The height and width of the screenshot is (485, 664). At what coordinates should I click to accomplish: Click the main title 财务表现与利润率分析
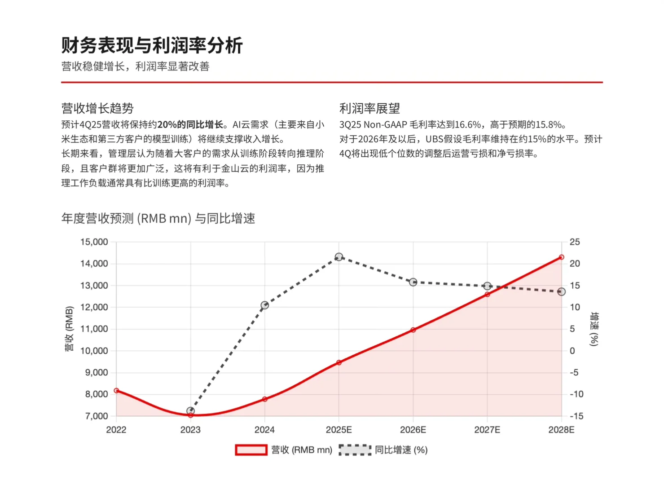click(152, 45)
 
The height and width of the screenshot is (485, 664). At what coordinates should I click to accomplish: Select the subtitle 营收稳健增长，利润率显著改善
click(135, 66)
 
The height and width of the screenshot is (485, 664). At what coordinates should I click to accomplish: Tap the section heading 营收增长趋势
click(97, 108)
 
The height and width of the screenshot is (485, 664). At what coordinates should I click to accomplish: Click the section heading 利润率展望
click(369, 108)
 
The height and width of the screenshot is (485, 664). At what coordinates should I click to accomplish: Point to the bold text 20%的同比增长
click(190, 125)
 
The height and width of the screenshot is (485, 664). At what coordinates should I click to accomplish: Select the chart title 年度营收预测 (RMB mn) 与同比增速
click(158, 219)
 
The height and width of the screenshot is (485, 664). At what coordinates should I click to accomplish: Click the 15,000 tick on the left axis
click(94, 242)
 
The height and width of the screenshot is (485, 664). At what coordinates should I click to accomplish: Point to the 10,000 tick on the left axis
click(94, 351)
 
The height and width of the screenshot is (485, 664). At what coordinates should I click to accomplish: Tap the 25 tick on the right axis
click(575, 242)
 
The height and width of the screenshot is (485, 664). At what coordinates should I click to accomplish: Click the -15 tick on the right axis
click(576, 416)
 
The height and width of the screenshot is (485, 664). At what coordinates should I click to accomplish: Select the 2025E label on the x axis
click(339, 430)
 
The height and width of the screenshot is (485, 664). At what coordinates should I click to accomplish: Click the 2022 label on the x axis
click(116, 430)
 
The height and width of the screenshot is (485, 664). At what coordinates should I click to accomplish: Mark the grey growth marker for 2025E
click(339, 257)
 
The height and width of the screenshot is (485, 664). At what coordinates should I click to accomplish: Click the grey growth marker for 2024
click(265, 305)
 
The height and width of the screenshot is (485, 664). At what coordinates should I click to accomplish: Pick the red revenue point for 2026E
click(413, 330)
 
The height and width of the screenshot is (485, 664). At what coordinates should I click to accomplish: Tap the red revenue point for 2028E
click(561, 257)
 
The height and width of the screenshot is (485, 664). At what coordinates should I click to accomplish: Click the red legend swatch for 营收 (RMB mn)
click(251, 450)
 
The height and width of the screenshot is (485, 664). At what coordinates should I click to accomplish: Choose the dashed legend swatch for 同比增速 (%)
click(355, 450)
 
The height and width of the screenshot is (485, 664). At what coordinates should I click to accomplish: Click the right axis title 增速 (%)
click(594, 329)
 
